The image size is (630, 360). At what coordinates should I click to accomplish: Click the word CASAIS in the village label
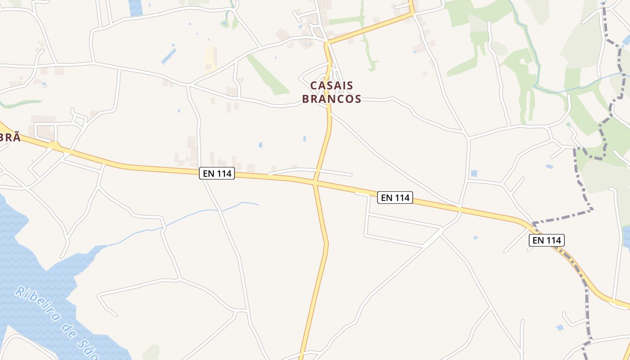pyautogui.click(x=332, y=85)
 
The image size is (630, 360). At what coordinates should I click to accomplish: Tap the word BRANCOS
pyautogui.click(x=332, y=99)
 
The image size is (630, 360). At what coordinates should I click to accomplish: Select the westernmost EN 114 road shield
pyautogui.click(x=217, y=173)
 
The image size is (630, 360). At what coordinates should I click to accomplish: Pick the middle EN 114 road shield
pyautogui.click(x=395, y=197)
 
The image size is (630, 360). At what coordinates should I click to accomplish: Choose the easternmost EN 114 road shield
pyautogui.click(x=546, y=240)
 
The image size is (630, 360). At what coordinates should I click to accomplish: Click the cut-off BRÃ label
pyautogui.click(x=10, y=137)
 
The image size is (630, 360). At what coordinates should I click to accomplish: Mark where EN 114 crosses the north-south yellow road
pyautogui.click(x=315, y=182)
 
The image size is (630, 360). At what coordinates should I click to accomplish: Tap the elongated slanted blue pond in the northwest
pyautogui.click(x=168, y=56)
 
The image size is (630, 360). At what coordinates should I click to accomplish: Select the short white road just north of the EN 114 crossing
pyautogui.click(x=310, y=171)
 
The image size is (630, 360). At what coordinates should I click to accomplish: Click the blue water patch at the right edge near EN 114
pyautogui.click(x=626, y=236)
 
